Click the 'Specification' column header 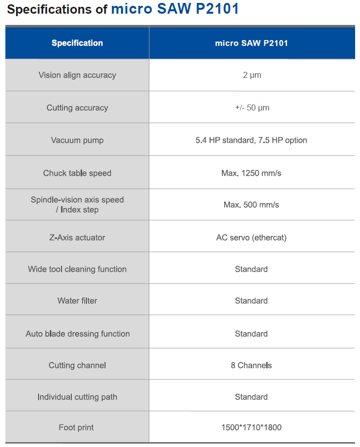pyautogui.click(x=77, y=43)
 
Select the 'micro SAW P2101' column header pyautogui.click(x=252, y=43)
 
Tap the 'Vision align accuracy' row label pyautogui.click(x=77, y=75)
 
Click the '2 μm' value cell pyautogui.click(x=252, y=75)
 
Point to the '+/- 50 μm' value pyautogui.click(x=252, y=108)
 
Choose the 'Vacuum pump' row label pyautogui.click(x=77, y=140)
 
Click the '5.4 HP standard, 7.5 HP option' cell pyautogui.click(x=252, y=140)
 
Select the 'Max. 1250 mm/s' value pyautogui.click(x=252, y=173)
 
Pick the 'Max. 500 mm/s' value pyautogui.click(x=252, y=205)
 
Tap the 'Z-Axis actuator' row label pyautogui.click(x=77, y=237)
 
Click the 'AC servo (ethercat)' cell pyautogui.click(x=252, y=237)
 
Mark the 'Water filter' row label pyautogui.click(x=77, y=301)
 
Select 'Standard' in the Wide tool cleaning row pyautogui.click(x=252, y=269)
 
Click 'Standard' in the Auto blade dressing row pyautogui.click(x=252, y=334)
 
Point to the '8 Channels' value pyautogui.click(x=252, y=365)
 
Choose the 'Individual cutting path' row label pyautogui.click(x=77, y=397)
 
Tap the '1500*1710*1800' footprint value pyautogui.click(x=252, y=427)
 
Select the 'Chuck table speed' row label pyautogui.click(x=77, y=173)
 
